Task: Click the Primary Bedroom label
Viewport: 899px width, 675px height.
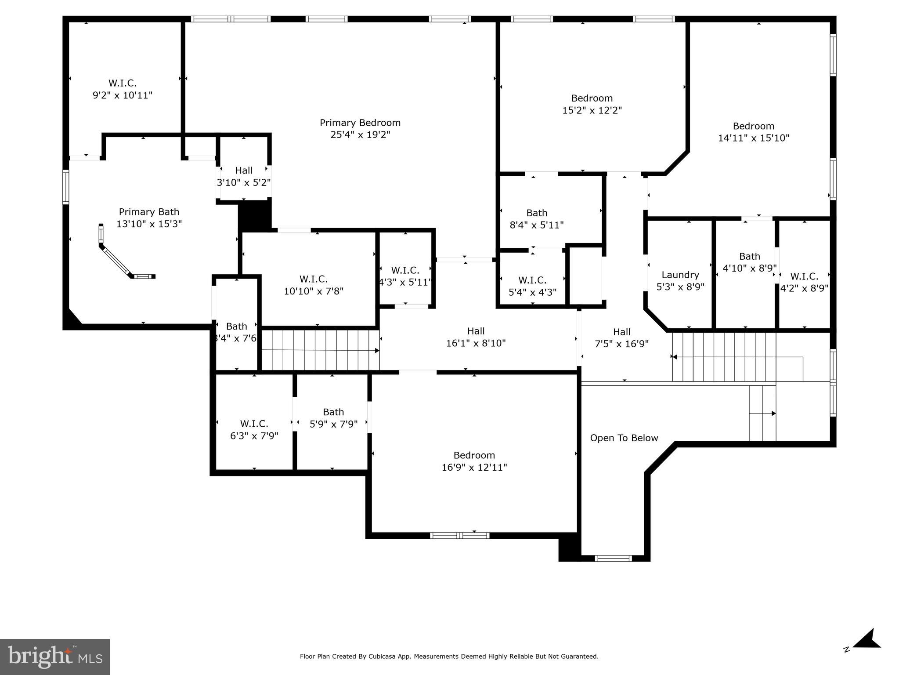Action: [360, 123]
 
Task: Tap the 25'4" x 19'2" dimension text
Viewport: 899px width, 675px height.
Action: [360, 135]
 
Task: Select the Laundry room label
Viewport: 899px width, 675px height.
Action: [680, 275]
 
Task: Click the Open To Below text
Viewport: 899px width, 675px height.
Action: [624, 438]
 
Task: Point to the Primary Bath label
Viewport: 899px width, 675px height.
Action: [149, 212]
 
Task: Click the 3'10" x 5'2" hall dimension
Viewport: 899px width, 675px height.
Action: [244, 182]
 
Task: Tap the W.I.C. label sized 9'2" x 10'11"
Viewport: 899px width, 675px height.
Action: [123, 83]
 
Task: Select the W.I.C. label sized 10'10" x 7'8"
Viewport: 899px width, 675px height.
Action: [313, 279]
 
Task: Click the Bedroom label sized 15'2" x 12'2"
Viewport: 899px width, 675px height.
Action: [592, 98]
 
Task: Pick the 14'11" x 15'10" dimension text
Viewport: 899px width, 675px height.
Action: [753, 138]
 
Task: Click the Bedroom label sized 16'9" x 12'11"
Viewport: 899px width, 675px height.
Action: [474, 455]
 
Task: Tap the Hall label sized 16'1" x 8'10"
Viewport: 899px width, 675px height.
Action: [476, 331]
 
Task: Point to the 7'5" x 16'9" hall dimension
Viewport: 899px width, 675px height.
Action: [621, 344]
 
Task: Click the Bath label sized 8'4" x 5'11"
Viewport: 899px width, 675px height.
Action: [536, 213]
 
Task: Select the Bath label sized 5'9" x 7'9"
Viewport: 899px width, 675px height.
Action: [333, 412]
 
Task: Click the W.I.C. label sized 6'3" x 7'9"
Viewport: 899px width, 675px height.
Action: [254, 424]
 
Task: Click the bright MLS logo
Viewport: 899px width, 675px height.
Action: [55, 657]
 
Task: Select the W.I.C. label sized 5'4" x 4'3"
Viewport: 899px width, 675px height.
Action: [532, 280]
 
